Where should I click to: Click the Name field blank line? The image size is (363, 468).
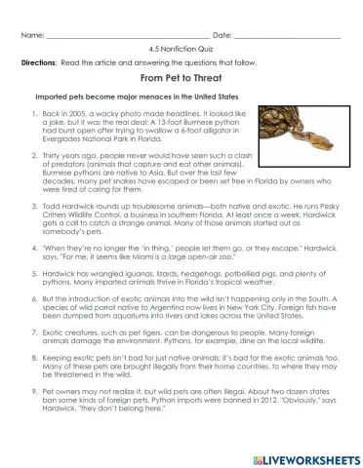pos(118,36)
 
